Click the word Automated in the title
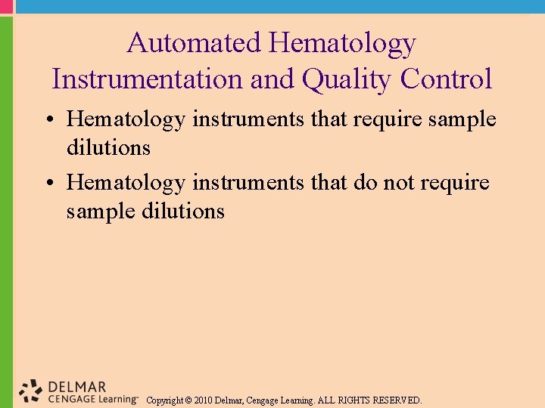(x=194, y=43)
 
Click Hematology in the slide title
(x=341, y=43)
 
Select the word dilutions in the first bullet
(x=108, y=147)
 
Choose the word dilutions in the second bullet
(x=182, y=211)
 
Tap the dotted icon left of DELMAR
(x=31, y=390)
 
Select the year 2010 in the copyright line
(x=204, y=400)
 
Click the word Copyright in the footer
(x=164, y=400)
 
